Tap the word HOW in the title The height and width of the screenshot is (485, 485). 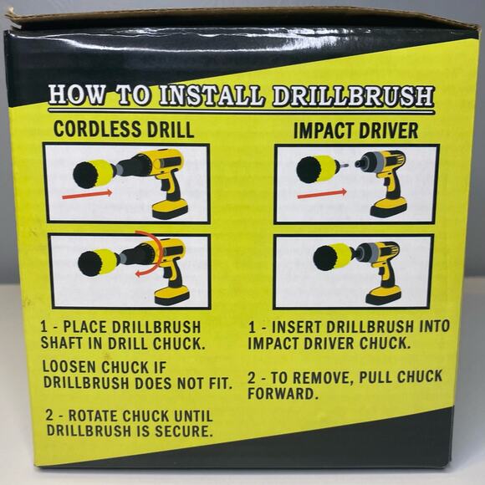(74, 94)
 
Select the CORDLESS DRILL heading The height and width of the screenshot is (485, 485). (123, 130)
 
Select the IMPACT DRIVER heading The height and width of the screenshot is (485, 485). (355, 130)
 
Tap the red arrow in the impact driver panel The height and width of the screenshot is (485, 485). (322, 194)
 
